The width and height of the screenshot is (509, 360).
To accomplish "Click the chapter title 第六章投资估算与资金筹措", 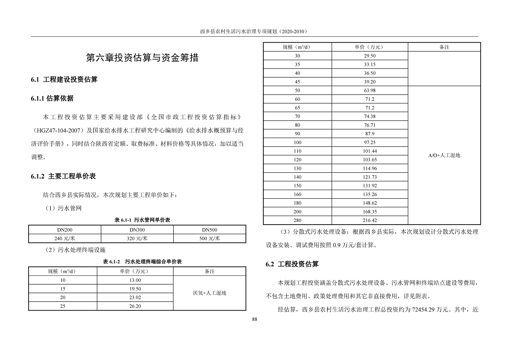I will [x=142, y=58].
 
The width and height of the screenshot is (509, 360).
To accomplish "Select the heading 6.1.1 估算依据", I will [x=52, y=99].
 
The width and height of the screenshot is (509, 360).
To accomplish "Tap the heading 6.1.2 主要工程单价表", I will [x=64, y=176].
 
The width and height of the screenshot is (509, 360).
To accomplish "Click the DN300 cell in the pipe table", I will [x=137, y=230].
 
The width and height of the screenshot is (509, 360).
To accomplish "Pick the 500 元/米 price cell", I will [x=209, y=238].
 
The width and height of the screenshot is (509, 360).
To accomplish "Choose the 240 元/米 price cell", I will [x=64, y=238].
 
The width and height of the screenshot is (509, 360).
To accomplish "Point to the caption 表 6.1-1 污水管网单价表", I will [x=142, y=220].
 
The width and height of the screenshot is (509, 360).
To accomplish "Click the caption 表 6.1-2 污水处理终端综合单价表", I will [x=142, y=262].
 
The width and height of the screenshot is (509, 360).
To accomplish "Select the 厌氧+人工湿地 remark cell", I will [x=209, y=293].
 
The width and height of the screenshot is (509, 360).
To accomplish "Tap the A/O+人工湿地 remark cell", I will [x=444, y=155].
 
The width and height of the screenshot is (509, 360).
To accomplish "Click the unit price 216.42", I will [x=369, y=220].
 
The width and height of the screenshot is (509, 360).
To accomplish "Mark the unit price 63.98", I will [x=369, y=90].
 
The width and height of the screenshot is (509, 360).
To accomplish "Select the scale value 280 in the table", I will [x=297, y=220].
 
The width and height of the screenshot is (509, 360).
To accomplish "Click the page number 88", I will [x=255, y=319].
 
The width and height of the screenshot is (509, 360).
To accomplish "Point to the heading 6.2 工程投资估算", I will [x=292, y=264].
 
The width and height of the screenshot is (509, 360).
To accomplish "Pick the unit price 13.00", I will [x=135, y=280].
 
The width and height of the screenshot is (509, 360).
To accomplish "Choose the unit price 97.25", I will [x=369, y=142].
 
